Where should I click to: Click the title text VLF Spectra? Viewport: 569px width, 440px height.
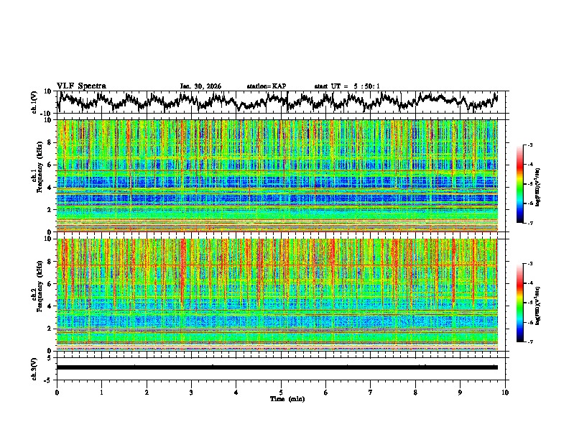[81, 86]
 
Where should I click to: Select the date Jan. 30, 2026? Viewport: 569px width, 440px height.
[200, 86]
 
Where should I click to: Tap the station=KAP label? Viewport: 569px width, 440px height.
[266, 86]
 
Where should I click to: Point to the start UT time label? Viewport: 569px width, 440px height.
[347, 86]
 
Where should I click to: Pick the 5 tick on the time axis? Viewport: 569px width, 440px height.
[281, 392]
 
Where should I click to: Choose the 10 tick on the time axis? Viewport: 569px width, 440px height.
[505, 392]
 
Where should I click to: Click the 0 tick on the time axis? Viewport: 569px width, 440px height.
[57, 392]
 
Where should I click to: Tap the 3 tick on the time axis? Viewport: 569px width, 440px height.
[191, 392]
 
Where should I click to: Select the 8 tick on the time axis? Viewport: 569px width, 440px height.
[415, 392]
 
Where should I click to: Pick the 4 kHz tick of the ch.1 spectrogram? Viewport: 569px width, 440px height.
[50, 188]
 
